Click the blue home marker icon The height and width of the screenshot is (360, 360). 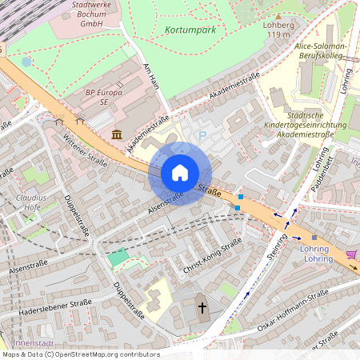point(180,173)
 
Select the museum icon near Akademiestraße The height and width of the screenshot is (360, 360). point(118,134)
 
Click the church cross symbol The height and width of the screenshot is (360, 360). point(202,306)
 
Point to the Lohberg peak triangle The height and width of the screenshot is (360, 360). point(278,15)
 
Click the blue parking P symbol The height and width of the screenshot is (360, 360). point(202,136)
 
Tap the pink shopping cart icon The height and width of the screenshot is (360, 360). point(351,254)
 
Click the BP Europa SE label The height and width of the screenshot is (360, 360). point(98,98)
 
